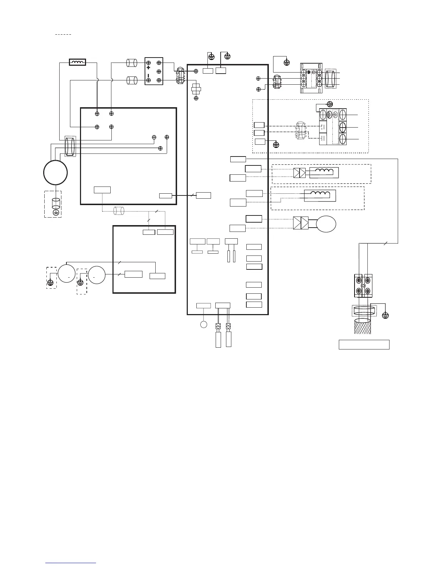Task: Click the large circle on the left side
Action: [x=55, y=172]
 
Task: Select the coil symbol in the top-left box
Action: [x=78, y=63]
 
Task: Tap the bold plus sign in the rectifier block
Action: [x=149, y=68]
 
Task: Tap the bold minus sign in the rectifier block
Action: [x=149, y=75]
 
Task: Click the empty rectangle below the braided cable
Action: [x=364, y=345]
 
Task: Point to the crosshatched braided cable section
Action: [x=362, y=326]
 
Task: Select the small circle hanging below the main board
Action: [x=204, y=324]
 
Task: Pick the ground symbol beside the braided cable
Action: [x=385, y=316]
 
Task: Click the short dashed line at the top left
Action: [x=64, y=35]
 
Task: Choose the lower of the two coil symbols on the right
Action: [x=321, y=194]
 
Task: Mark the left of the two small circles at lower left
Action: [x=66, y=274]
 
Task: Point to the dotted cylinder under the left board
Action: [x=119, y=211]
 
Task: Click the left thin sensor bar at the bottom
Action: [x=218, y=339]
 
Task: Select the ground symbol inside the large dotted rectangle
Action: [x=276, y=145]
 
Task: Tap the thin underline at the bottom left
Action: [x=71, y=563]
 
